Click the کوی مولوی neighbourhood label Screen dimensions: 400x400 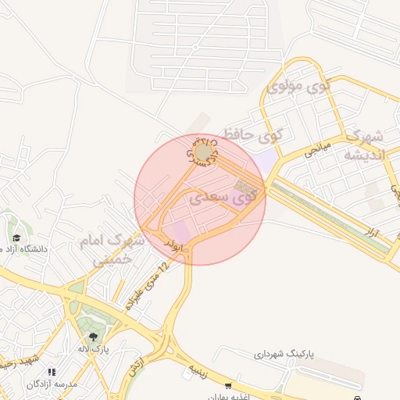point(299,86)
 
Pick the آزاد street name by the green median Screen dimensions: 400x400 point(373,230)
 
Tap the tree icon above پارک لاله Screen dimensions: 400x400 point(93,337)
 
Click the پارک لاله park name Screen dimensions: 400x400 point(93,348)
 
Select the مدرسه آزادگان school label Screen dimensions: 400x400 point(52,384)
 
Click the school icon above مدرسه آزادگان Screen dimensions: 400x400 point(52,372)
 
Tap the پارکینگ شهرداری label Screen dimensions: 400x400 point(282,354)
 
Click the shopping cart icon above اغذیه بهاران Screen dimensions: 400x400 point(228,386)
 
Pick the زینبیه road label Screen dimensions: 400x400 point(196,370)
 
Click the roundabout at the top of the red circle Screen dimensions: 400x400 point(204,152)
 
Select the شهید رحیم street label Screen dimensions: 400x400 point(17,363)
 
